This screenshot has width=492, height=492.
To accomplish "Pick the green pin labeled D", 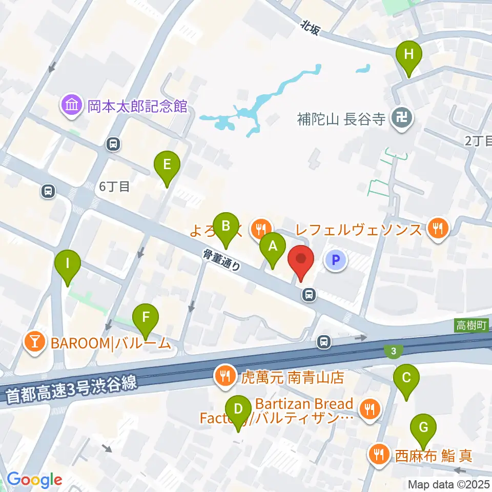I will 238,409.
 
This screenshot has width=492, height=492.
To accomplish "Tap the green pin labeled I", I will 68,264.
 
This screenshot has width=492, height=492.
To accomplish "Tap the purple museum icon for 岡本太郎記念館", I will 71,106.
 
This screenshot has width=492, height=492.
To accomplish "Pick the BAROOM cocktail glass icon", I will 36,342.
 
